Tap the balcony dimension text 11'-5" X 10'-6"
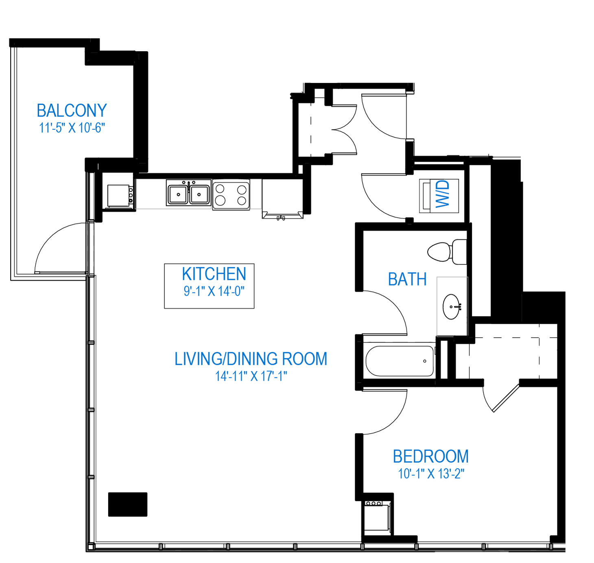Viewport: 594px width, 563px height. [x=72, y=128]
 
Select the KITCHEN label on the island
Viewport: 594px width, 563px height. [x=214, y=274]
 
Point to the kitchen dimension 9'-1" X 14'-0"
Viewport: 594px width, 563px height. [x=214, y=291]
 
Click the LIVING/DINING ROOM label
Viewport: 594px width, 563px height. [x=251, y=359]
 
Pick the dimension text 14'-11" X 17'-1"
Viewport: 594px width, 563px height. [x=251, y=376]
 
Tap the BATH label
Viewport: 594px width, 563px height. [x=407, y=279]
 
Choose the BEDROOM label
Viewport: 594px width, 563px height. [x=430, y=456]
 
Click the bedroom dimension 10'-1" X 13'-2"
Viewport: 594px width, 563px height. [x=431, y=474]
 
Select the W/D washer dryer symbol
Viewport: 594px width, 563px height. [x=439, y=196]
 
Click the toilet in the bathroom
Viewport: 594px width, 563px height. [x=447, y=252]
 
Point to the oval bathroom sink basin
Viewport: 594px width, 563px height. [x=452, y=307]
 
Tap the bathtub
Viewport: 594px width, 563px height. [x=400, y=361]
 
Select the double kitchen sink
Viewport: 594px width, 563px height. [x=188, y=193]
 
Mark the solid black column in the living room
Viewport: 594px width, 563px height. [x=127, y=504]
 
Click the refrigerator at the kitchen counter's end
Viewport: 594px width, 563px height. [x=282, y=198]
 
